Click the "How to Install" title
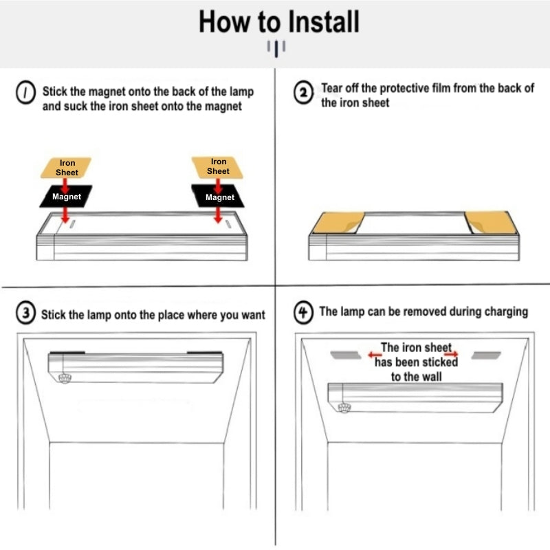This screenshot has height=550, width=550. pos(279,22)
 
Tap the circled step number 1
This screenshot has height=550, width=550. pos(25,93)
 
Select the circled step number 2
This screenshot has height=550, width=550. pos(303,93)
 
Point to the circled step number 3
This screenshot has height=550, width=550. pos(25,313)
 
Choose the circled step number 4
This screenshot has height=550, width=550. pos(303,312)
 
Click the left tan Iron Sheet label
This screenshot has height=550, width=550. pos(66,168)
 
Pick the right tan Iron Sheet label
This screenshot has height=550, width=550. pos(217,167)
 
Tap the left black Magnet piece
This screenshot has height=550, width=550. pos(66,197)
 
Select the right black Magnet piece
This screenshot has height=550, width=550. pos(218,196)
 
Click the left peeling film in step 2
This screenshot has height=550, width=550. pos(338,222)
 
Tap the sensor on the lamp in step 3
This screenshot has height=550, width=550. pos(65,378)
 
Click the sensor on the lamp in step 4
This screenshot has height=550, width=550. pos(344,407)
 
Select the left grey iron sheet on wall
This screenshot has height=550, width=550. pos(346,355)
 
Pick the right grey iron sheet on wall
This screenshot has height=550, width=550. pos(486,355)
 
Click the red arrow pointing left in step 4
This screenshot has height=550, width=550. pos(375,355)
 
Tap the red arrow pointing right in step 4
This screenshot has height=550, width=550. pos(451,353)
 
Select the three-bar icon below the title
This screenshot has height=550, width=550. pos(276,48)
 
